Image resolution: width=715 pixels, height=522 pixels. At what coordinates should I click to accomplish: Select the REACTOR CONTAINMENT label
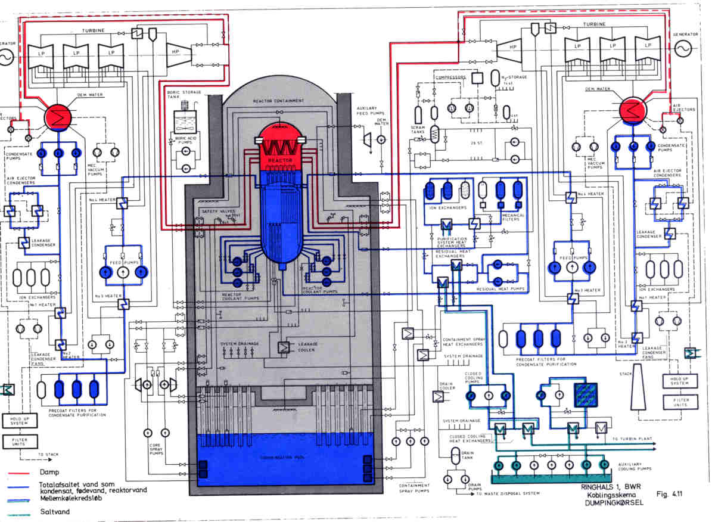tap(280, 102)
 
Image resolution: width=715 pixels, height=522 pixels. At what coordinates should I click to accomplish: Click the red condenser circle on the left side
tap(58, 116)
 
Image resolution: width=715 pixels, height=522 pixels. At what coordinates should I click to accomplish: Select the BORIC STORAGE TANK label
tap(184, 95)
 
